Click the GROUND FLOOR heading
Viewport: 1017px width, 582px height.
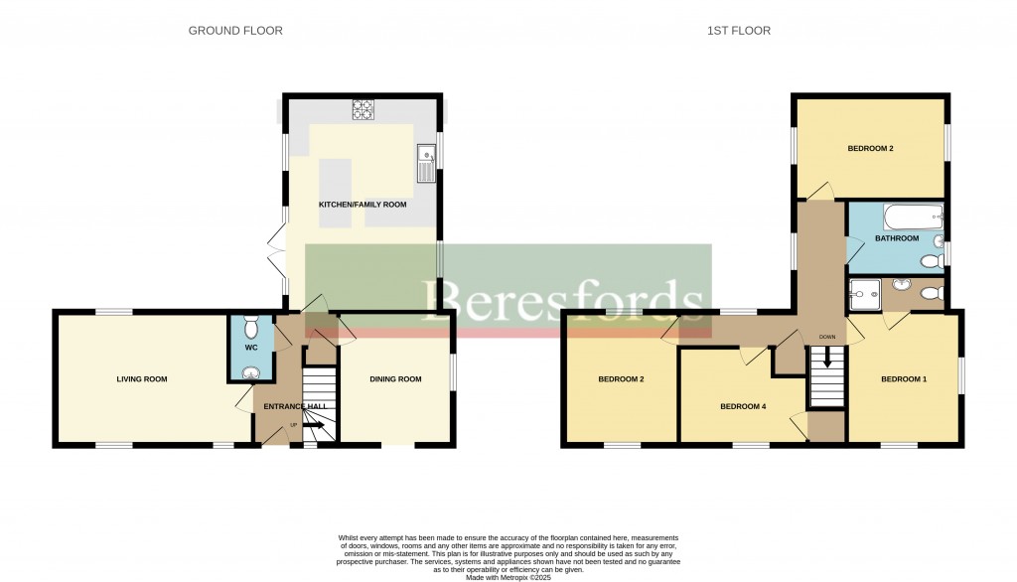(235, 31)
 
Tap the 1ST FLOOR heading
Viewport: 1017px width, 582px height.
(738, 31)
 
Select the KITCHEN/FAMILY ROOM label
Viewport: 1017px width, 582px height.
(363, 205)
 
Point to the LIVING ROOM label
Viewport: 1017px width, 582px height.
(142, 379)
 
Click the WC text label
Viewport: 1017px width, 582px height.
(250, 348)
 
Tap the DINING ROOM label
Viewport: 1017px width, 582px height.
(395, 379)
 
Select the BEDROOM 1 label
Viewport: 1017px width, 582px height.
(904, 379)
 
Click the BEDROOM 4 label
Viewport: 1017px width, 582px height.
(744, 406)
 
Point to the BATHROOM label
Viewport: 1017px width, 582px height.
(898, 238)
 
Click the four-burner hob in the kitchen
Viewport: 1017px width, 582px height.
(362, 110)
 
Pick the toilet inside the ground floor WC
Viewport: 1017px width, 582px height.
(250, 326)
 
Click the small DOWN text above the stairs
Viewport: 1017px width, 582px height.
(826, 337)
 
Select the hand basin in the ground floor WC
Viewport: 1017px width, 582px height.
(250, 373)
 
